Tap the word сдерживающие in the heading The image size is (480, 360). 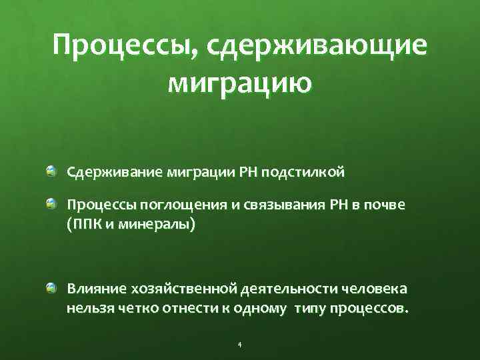pyautogui.click(x=317, y=47)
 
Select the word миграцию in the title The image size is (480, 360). pyautogui.click(x=240, y=84)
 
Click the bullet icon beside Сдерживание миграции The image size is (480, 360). pyautogui.click(x=51, y=173)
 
